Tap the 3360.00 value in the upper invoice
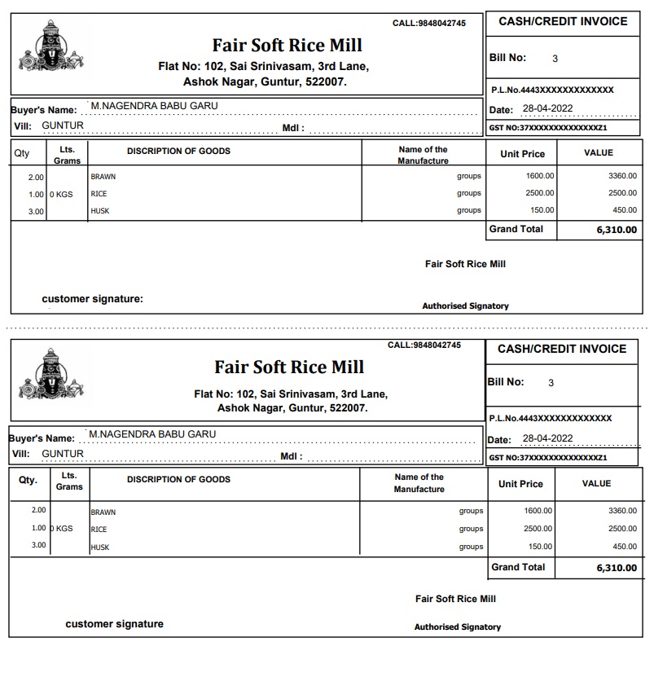[x=622, y=176]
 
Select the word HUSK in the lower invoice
[x=99, y=548]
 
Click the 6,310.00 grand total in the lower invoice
[x=617, y=568]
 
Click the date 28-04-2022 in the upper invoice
[x=547, y=109]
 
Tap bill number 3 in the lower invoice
[x=551, y=383]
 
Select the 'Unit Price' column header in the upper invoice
[x=522, y=154]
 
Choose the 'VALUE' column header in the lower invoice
[x=596, y=483]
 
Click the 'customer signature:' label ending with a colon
[x=92, y=299]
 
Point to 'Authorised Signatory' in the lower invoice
[x=457, y=627]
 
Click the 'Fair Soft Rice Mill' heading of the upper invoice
[x=287, y=45]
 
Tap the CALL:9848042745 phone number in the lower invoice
[x=424, y=345]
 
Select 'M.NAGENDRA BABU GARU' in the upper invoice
[x=154, y=106]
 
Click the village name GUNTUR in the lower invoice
[x=63, y=454]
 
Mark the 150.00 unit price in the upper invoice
[x=540, y=210]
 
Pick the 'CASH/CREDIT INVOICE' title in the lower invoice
[x=562, y=349]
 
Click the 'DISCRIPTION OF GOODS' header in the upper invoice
[x=178, y=151]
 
